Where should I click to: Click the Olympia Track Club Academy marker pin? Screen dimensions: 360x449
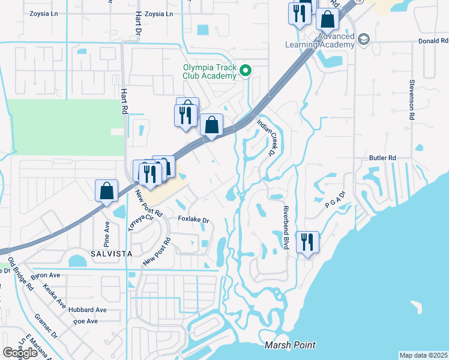(245, 71)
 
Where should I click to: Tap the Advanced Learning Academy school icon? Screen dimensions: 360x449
(363, 40)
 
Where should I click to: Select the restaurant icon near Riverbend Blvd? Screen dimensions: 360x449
(307, 243)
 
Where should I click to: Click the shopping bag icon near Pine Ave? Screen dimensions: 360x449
(106, 191)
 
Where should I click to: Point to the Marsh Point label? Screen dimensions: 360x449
(290, 346)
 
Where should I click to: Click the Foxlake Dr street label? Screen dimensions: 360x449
(193, 220)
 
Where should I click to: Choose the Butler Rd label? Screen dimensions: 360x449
(384, 158)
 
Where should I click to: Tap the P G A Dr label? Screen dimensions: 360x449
(336, 199)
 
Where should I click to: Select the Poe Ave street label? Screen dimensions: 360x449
(85, 321)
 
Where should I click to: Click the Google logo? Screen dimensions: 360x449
(20, 352)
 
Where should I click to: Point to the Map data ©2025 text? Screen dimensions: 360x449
(423, 355)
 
